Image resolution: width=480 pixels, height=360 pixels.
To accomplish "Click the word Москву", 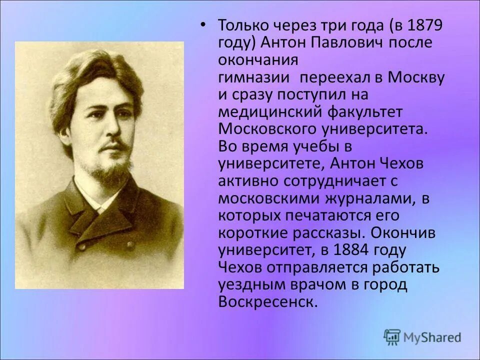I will pyautogui.click(x=417, y=77).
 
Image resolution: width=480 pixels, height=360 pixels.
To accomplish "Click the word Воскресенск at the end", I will pyautogui.click(x=267, y=302).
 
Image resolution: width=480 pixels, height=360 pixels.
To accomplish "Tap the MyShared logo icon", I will pyautogui.click(x=392, y=337).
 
